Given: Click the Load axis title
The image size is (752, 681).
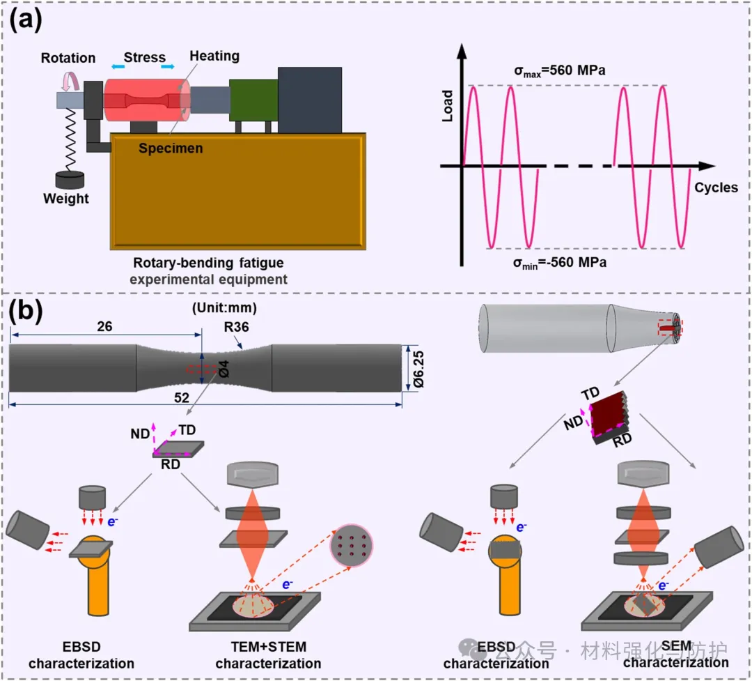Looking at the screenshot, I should [x=448, y=106].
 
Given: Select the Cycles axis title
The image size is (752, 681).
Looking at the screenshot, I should [x=716, y=188].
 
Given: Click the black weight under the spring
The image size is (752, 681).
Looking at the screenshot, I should [x=65, y=179].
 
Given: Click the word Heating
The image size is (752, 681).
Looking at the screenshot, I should [x=215, y=56].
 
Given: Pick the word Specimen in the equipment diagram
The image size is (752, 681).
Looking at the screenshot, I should [x=170, y=148].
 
